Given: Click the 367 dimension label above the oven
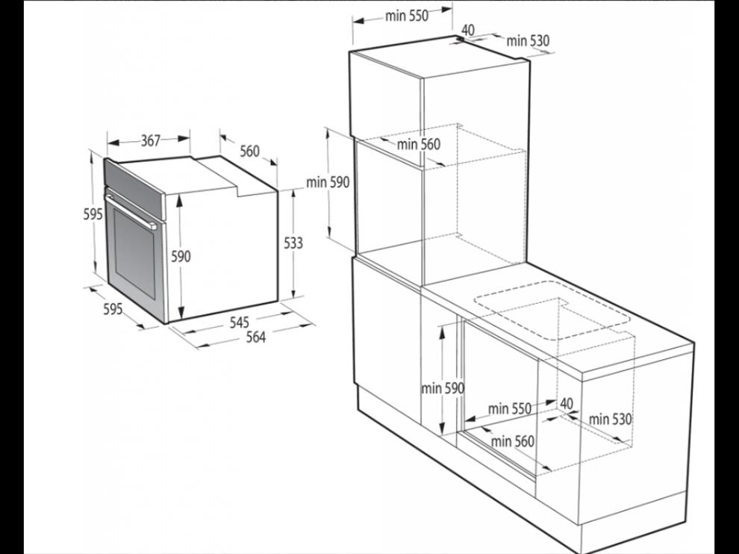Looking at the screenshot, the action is tap(151, 140).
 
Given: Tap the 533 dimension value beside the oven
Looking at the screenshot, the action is tap(293, 243).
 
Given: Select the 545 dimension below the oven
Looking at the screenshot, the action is tap(240, 323).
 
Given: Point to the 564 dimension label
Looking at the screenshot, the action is tap(256, 337).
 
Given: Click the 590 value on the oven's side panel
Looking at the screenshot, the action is tap(181, 257).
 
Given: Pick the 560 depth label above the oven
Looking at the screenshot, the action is tap(250, 151).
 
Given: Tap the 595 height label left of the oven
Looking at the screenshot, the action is tap(93, 214).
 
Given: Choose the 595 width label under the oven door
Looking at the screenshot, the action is tap(113, 309).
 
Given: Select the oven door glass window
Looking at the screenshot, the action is tap(134, 254).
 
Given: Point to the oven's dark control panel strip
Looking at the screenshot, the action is tap(134, 189).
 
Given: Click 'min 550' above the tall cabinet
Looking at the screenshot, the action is tap(407, 16).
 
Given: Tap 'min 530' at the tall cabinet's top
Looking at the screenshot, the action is tap(528, 41).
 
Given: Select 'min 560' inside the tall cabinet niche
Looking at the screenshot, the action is tap(419, 144).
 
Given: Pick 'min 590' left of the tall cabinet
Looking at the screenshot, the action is tap(328, 182).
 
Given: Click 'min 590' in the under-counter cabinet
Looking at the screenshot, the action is tap(443, 388).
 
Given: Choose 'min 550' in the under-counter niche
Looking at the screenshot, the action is tap(510, 408).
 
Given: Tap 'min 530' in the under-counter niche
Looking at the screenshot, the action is tap(610, 419).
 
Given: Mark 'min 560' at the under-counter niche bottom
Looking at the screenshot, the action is tap(513, 441).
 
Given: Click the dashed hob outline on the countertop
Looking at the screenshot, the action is tap(552, 311).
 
